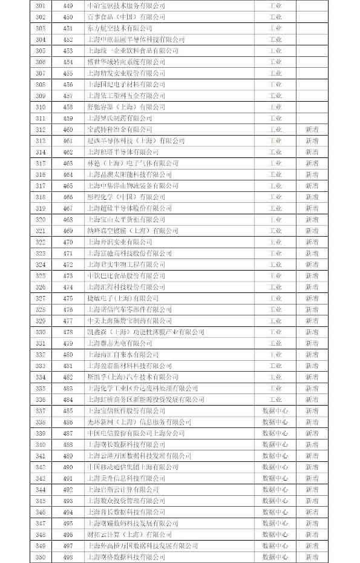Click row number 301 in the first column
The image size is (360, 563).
pos(41,5)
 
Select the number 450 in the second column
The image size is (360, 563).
pos(68,17)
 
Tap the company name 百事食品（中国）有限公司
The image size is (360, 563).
pos(126,17)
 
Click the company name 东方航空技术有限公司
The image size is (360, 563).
pos(120,28)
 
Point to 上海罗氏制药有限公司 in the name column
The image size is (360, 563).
pos(120,118)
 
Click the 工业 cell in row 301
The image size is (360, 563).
pos(275,5)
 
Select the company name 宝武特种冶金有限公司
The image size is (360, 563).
pos(120,130)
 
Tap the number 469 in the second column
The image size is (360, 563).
pos(68,231)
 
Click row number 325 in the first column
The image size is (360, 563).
pos(41,275)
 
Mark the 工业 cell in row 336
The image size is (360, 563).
pos(275,400)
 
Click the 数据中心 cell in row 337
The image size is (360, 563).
pos(275,411)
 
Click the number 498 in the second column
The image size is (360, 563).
pos(68,557)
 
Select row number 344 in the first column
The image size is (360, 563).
pos(41,490)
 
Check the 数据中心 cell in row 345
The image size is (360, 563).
pos(275,501)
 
